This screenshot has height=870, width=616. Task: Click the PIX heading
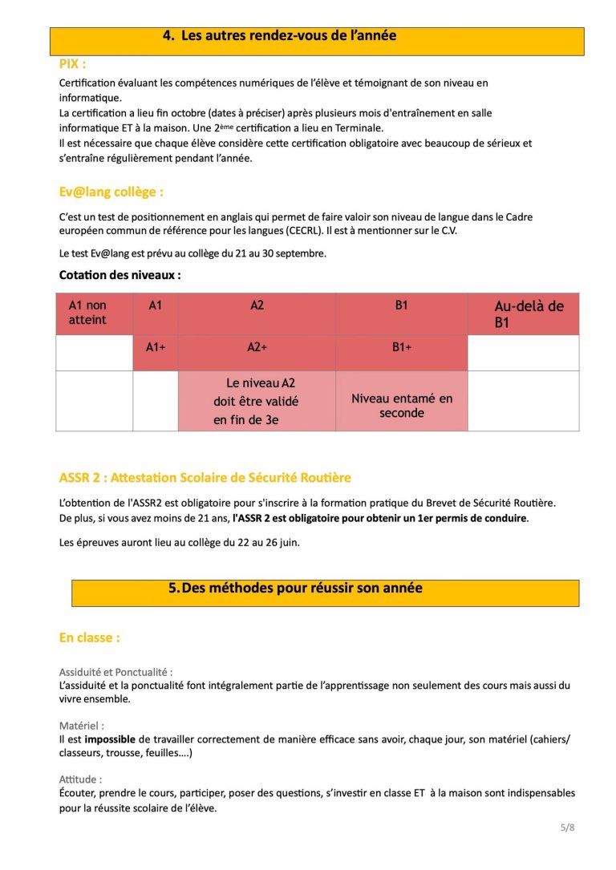(72, 63)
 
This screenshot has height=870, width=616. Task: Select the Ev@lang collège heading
(111, 192)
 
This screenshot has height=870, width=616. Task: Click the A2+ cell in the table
(257, 347)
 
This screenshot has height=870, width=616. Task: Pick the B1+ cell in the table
(401, 347)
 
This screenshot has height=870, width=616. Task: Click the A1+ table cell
(155, 347)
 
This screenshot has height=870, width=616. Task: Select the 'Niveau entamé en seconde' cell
(401, 406)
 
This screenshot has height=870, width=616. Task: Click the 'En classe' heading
(89, 637)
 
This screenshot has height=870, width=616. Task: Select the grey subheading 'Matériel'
(82, 725)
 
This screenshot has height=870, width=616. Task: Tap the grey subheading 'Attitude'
(80, 779)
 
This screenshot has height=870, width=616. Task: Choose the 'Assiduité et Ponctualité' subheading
(115, 672)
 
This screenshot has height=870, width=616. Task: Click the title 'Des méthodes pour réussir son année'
(295, 588)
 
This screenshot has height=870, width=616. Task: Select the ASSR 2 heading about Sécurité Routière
(205, 478)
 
